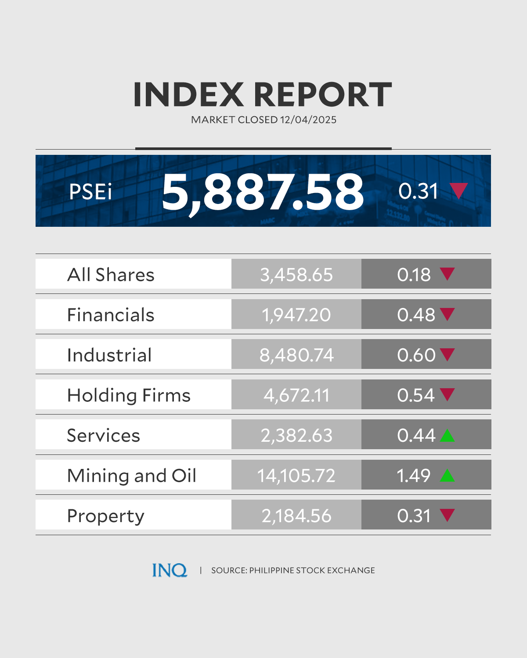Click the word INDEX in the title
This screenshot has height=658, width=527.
188,94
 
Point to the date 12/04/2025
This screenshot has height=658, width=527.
308,120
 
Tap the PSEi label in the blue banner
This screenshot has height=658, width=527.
90,192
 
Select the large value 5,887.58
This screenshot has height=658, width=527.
263,191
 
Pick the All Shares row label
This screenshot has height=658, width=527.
111,275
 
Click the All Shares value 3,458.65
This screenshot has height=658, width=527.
296,275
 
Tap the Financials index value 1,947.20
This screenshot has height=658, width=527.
296,315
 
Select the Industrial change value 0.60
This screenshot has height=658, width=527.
416,355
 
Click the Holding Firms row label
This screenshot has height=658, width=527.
129,395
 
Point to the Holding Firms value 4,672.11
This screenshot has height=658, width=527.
296,395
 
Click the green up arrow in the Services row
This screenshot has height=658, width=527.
447,436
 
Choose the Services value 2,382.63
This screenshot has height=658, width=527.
296,436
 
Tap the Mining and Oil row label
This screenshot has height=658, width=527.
132,476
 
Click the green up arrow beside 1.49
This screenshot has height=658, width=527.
447,476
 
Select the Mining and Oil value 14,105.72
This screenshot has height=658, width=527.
296,476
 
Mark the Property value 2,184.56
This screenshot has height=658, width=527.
296,516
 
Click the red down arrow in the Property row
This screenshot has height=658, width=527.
447,515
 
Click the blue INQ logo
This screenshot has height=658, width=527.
170,570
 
